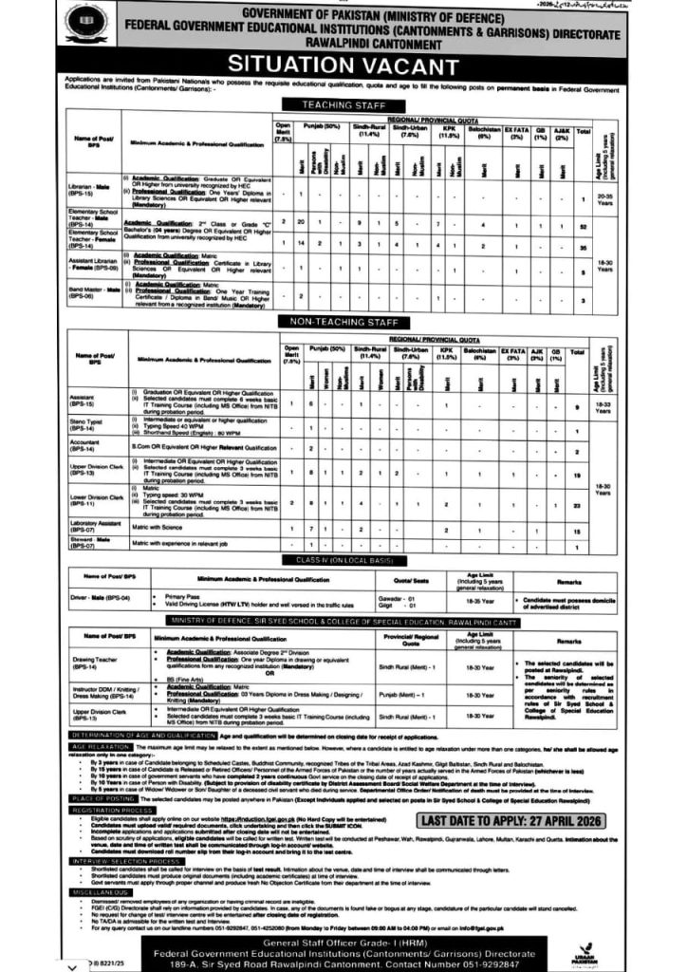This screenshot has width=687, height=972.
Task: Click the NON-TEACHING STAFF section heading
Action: click(343, 322)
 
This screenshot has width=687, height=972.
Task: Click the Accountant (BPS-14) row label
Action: click(87, 449)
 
